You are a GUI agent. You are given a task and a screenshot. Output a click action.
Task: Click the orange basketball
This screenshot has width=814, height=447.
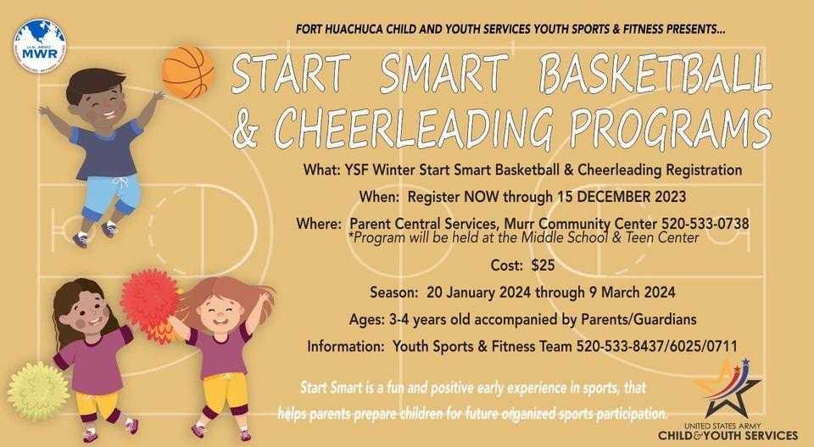[187, 72]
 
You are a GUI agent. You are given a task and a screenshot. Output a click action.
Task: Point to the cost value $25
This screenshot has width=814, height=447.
[542, 265]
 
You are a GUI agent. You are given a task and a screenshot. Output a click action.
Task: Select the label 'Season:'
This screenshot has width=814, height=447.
[395, 293]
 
